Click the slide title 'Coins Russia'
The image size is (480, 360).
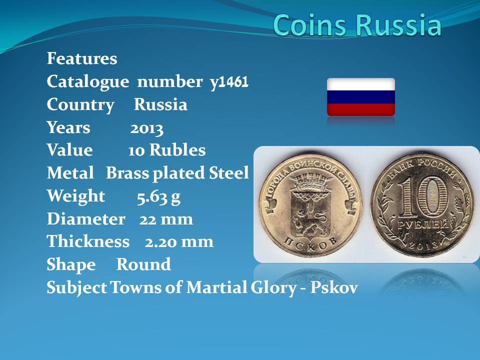[x=357, y=25]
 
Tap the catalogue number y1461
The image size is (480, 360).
[x=229, y=81]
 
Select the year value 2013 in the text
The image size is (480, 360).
[x=146, y=129]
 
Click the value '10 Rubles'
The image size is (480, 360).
[x=167, y=150]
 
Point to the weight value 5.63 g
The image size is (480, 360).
[x=158, y=197]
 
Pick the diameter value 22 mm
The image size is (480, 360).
[x=166, y=219]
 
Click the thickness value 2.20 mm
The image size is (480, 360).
[x=179, y=242]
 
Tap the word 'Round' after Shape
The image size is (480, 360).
[x=143, y=264]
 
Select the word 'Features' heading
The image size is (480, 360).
[x=82, y=58]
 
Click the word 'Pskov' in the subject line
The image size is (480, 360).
[x=334, y=287]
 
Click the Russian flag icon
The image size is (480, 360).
[x=361, y=97]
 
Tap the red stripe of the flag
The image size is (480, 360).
[x=361, y=109]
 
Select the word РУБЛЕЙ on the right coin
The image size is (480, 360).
[x=423, y=225]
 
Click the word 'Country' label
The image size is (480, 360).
[x=80, y=105]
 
